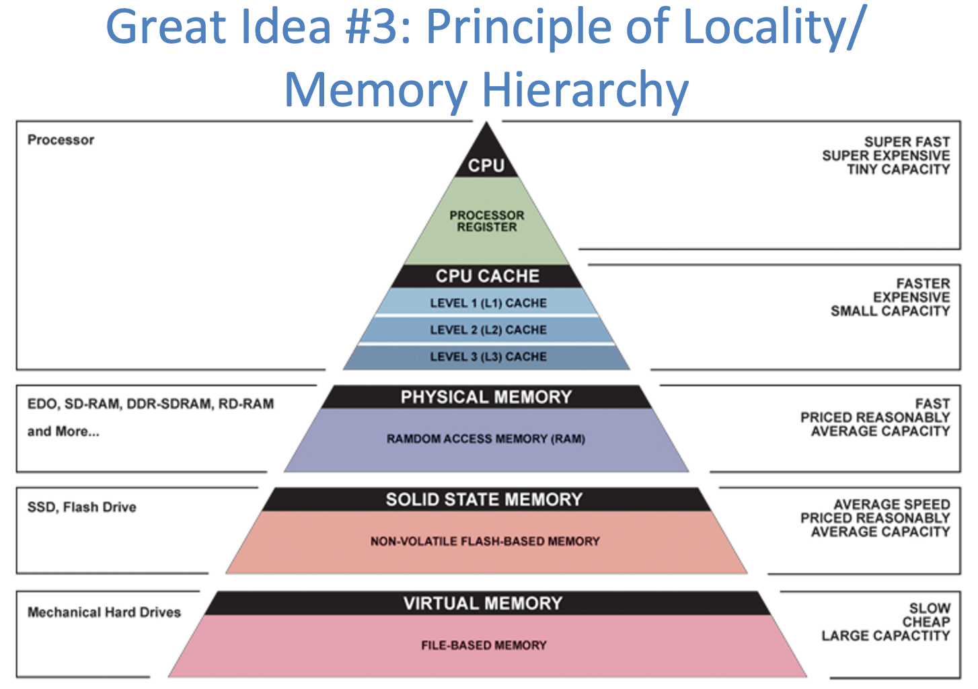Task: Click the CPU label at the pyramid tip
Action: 486,166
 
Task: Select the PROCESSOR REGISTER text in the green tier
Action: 487,221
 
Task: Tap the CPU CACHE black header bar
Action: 487,276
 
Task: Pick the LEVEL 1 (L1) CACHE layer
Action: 488,303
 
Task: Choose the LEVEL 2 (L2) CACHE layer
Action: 488,330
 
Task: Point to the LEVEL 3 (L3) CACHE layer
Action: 488,357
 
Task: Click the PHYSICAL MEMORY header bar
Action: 486,397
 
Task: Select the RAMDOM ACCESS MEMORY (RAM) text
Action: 486,439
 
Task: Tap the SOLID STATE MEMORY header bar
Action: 484,500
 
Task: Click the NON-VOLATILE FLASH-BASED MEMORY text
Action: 484,542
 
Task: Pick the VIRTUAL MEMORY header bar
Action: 483,604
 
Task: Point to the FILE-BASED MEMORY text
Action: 484,646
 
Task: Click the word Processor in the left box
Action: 61,140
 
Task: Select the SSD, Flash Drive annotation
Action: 81,507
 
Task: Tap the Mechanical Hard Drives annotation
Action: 104,612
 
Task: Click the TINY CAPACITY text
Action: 898,170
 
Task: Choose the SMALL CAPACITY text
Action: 890,312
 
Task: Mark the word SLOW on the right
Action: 930,608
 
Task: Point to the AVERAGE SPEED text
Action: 892,505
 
